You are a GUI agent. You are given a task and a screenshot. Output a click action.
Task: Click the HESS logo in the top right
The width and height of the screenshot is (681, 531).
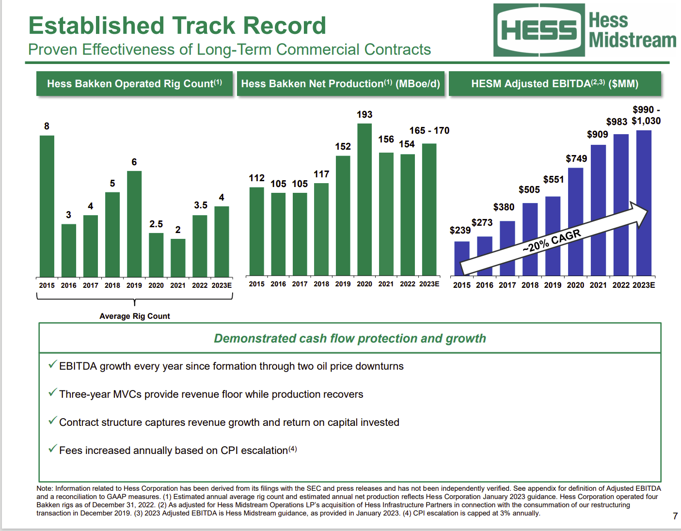tap(539, 30)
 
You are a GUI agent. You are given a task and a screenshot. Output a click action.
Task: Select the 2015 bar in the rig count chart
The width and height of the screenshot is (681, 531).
tap(47, 206)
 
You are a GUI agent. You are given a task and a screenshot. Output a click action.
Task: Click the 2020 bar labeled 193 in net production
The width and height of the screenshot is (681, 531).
tap(364, 200)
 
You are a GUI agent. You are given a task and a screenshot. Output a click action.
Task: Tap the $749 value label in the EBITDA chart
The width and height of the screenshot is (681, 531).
tap(576, 159)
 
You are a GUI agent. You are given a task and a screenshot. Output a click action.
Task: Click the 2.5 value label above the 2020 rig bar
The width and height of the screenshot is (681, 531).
tap(156, 224)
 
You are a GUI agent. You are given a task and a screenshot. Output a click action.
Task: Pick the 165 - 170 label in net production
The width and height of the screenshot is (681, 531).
tap(429, 131)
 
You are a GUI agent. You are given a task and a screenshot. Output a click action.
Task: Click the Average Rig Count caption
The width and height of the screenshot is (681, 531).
tap(135, 316)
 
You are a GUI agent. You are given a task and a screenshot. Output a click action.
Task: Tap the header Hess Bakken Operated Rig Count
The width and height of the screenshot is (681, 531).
tap(134, 84)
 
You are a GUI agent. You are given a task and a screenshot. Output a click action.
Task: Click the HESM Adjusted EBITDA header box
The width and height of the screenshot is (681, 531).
tap(554, 84)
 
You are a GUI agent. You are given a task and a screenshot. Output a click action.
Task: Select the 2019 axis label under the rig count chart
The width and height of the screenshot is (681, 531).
tap(134, 285)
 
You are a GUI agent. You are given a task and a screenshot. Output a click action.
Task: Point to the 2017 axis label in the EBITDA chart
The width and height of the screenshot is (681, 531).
tap(507, 285)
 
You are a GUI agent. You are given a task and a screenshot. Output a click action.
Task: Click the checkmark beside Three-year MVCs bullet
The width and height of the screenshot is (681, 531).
tap(52, 393)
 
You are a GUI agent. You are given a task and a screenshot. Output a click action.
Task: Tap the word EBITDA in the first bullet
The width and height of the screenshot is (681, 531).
tap(78, 366)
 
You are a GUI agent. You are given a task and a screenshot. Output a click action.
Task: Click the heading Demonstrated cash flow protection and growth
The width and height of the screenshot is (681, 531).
tap(349, 338)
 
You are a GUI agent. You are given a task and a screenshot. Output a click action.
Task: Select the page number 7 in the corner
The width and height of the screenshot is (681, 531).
tap(675, 516)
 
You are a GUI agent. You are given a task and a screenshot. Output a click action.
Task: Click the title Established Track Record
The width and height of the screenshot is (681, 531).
tap(177, 26)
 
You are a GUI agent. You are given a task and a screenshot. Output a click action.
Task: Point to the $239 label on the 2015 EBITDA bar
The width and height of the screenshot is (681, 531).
tap(460, 230)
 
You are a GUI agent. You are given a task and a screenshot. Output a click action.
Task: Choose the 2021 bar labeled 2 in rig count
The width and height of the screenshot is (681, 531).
tap(178, 257)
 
